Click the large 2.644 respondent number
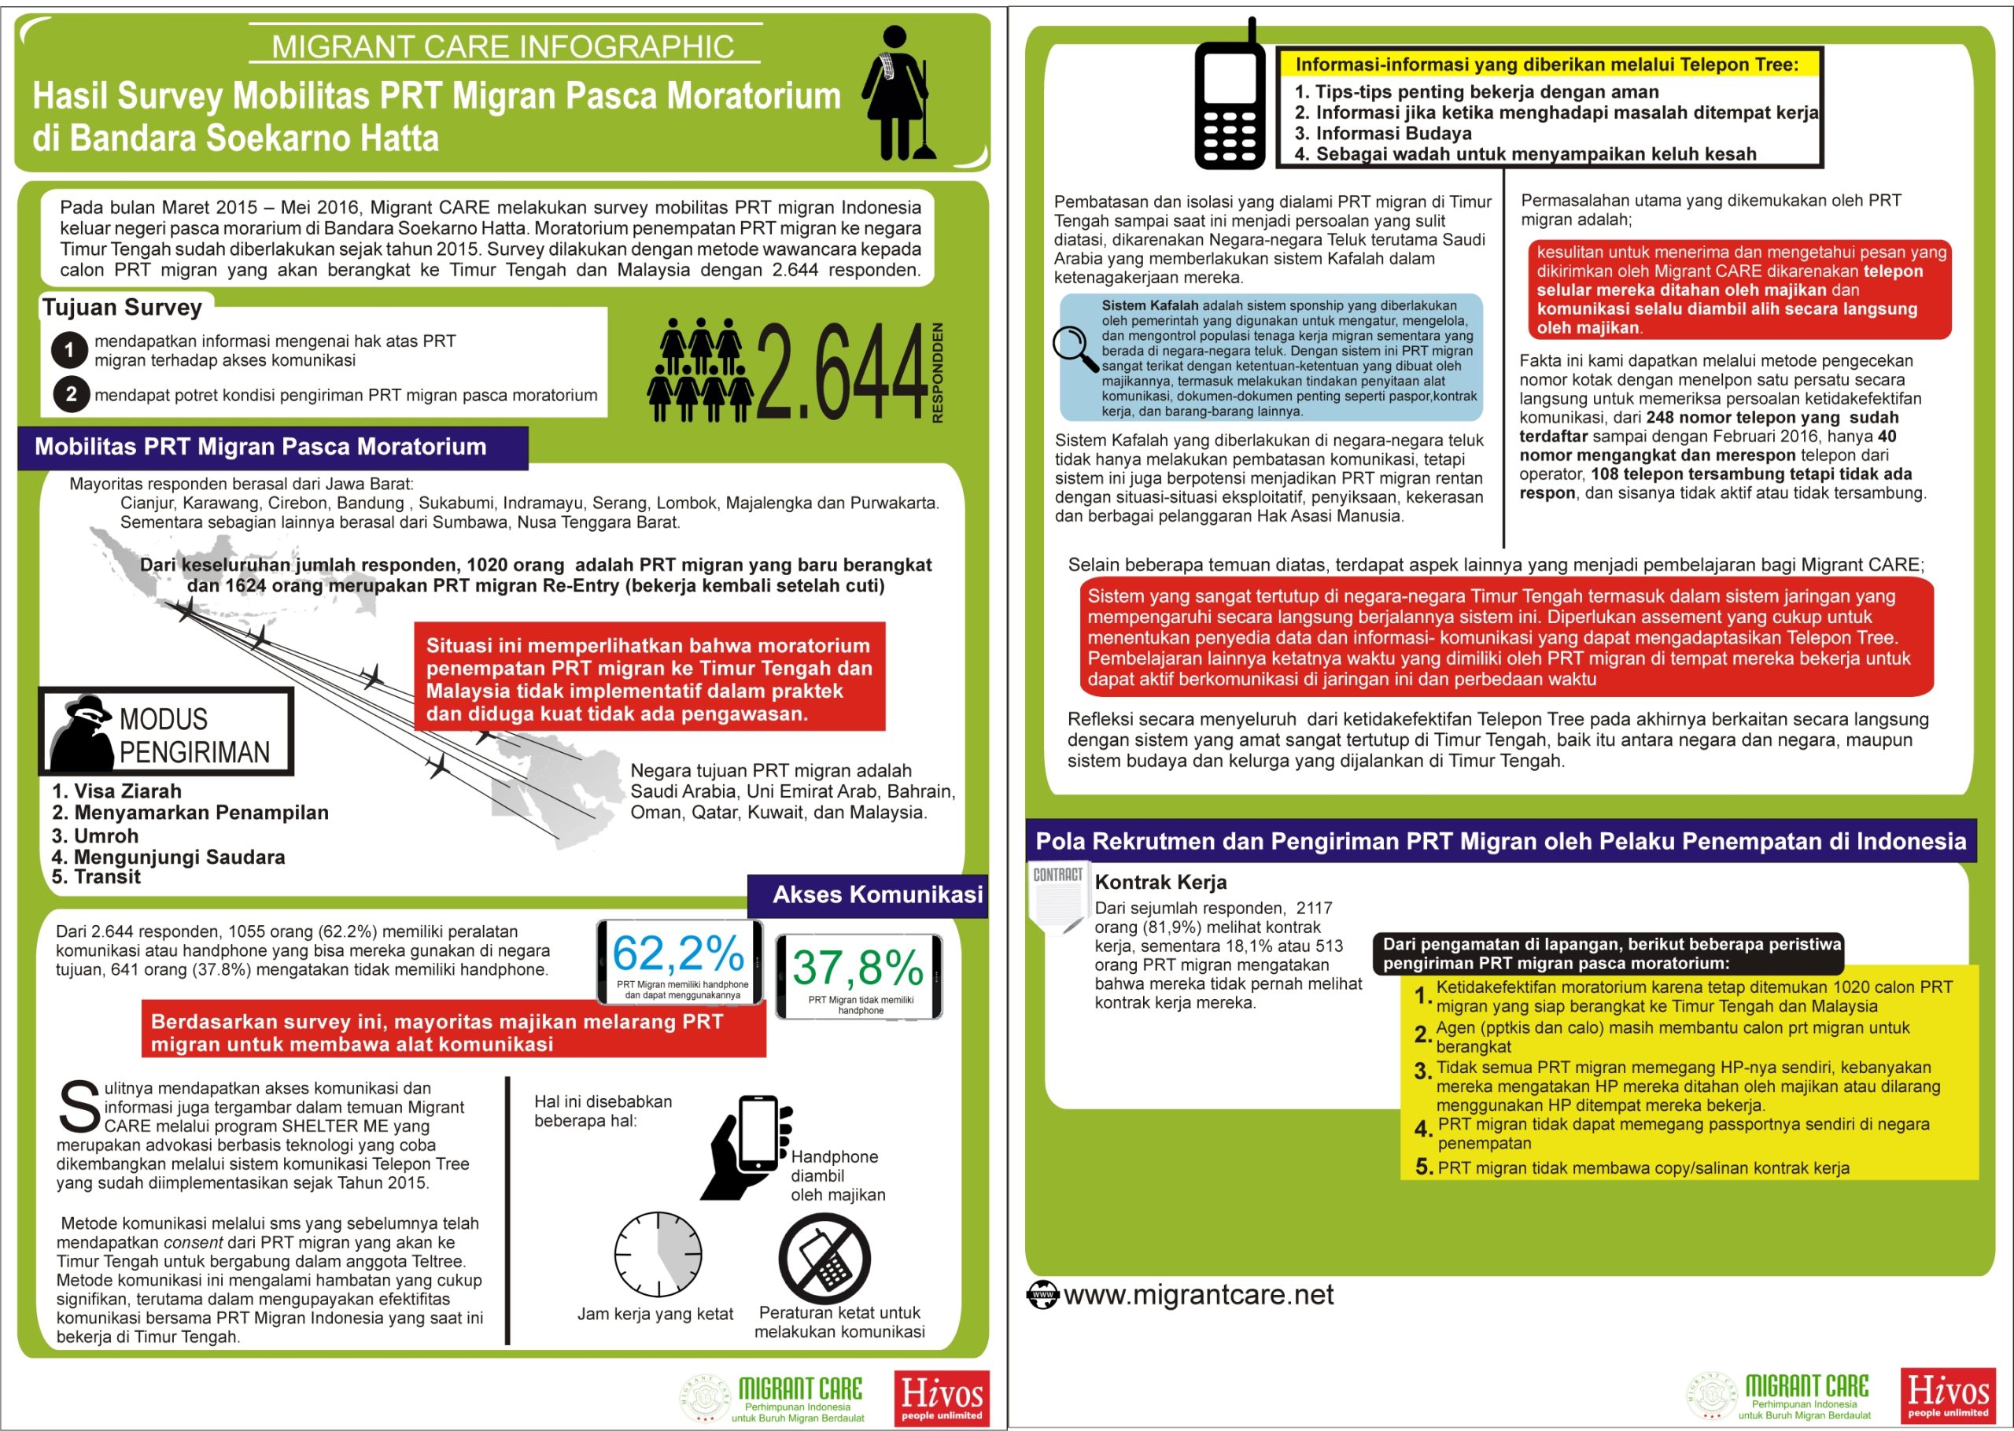click(840, 371)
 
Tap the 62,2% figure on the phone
click(678, 953)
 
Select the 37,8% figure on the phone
click(858, 968)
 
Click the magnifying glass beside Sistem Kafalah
click(1075, 349)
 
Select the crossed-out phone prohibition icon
click(824, 1258)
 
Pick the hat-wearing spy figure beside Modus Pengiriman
click(82, 732)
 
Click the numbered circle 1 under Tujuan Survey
click(69, 350)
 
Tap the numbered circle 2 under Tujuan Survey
click(72, 394)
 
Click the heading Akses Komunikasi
click(877, 894)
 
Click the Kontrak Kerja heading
click(1160, 882)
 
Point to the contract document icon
click(1057, 898)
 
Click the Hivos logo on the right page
click(1948, 1395)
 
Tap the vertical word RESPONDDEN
click(938, 372)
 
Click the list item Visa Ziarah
click(116, 791)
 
